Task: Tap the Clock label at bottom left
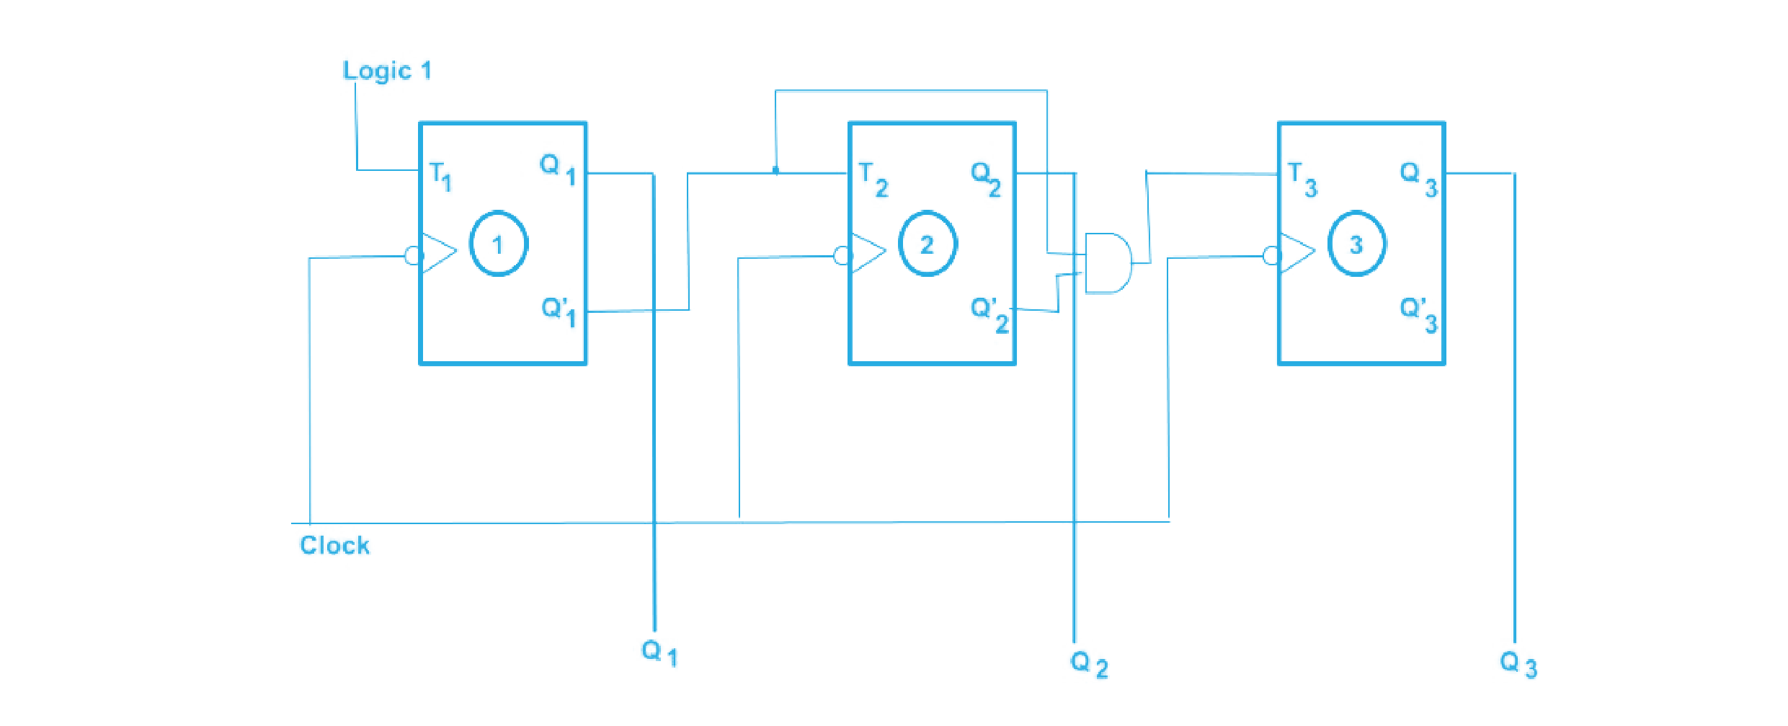(334, 544)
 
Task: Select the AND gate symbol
(1108, 263)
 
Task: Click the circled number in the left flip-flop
(499, 243)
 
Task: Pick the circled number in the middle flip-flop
(928, 244)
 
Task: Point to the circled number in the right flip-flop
(1357, 244)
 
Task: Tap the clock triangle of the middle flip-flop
(868, 252)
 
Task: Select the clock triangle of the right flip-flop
(1297, 252)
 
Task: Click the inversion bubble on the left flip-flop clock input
(411, 255)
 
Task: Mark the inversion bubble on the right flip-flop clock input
(1271, 255)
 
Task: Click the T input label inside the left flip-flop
(440, 174)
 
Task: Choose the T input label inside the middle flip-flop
(874, 180)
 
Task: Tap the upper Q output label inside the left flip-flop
(556, 167)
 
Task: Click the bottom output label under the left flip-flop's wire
(656, 652)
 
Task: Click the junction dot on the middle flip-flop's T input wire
(775, 171)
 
